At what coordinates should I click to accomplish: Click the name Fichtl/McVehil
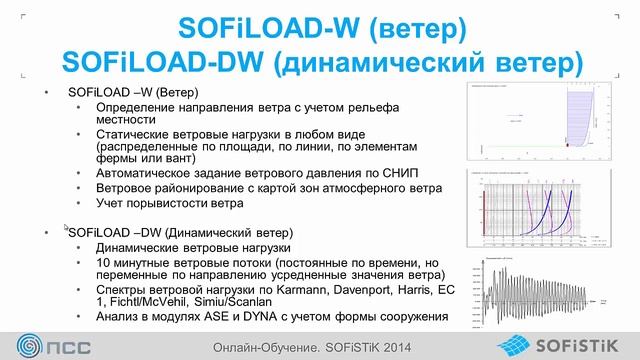click(x=156, y=302)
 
